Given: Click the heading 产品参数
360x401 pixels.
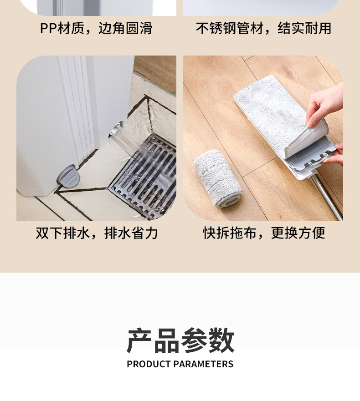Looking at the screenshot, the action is coord(180,340).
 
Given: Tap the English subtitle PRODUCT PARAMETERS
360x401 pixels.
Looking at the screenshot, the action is coord(180,364).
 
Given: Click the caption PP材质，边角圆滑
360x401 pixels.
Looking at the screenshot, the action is coord(96,28).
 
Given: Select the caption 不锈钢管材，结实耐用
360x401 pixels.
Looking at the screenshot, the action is coord(263,28).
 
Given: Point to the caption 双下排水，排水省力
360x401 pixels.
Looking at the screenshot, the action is coord(97,233).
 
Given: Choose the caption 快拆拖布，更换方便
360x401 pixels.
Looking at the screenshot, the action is coord(264,233).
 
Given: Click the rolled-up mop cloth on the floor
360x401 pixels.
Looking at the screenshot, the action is coord(218,178).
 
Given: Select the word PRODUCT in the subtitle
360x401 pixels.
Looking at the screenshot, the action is coord(149,364).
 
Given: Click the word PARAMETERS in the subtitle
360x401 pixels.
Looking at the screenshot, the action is coord(203,364).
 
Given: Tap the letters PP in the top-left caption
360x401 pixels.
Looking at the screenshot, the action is coord(48,28).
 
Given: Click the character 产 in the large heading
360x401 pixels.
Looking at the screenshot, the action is coord(139,340).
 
